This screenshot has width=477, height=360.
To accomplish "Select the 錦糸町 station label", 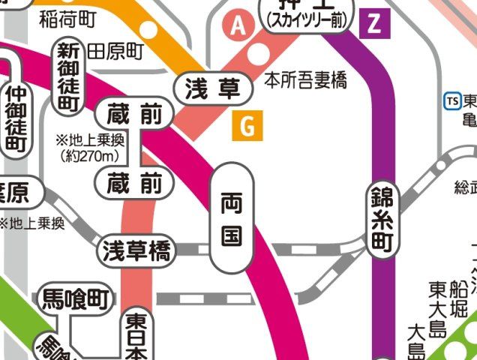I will click(x=382, y=220).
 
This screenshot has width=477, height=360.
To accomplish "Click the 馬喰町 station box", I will click(x=73, y=301).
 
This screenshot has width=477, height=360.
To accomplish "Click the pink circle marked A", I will click(x=238, y=26).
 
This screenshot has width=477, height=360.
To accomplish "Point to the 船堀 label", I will click(x=458, y=298).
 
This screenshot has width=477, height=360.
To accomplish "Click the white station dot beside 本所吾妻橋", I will click(x=259, y=55).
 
